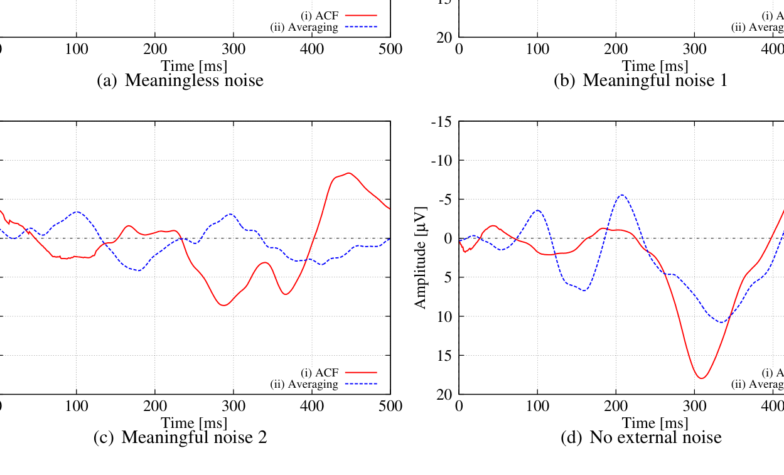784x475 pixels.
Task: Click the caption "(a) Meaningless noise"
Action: pos(180,80)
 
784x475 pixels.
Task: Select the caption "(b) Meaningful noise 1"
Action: pos(640,80)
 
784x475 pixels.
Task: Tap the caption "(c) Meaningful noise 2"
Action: pos(180,437)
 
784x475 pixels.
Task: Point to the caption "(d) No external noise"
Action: pos(641,437)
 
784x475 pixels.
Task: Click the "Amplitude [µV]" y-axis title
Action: pos(421,257)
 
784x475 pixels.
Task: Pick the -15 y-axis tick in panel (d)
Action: pos(441,121)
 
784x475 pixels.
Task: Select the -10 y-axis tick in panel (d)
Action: pos(441,160)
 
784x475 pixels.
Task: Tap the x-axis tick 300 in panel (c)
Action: pos(234,406)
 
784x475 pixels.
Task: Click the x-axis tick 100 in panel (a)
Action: pos(77,50)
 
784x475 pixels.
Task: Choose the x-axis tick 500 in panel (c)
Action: pos(390,406)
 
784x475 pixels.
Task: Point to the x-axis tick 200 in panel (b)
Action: pos(616,50)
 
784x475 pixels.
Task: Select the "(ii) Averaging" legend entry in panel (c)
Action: pos(304,384)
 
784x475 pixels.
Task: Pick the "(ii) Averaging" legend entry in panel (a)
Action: pos(304,27)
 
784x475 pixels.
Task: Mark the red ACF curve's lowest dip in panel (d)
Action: pos(702,378)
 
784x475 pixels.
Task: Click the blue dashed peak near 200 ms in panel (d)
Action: pos(622,195)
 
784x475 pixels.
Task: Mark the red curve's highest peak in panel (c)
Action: pos(349,173)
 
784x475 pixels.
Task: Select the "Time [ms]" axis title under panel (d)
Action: pos(655,423)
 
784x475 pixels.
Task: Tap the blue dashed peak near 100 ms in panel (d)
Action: pos(538,210)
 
